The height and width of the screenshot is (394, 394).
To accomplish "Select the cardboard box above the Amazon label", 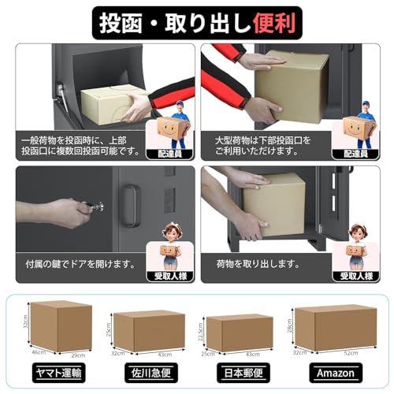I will pos(334,326).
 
